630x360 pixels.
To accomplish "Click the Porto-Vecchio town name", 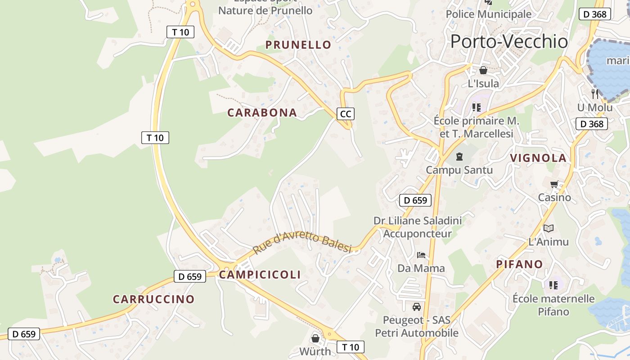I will (509, 41).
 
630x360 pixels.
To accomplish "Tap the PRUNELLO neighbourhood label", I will (298, 45).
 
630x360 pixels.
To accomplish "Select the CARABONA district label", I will (262, 113).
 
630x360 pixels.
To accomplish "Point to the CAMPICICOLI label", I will (260, 275).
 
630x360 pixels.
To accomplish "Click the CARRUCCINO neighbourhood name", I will (153, 299).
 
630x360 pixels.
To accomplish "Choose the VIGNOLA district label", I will (538, 158).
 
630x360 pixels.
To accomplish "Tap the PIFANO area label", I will (519, 264).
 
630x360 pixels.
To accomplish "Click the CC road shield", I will (345, 114).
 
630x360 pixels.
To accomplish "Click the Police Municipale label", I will (488, 14).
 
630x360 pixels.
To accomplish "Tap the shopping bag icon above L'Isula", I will (483, 70).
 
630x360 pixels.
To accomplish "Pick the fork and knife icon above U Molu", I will (595, 94).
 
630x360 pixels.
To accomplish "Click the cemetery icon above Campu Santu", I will (459, 157).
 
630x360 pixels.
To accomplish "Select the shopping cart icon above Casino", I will (554, 184).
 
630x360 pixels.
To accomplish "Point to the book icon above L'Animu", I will (548, 228).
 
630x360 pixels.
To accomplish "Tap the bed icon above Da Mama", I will (421, 255).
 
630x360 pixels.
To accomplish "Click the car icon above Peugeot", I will (417, 307).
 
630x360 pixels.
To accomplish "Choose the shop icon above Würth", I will (315, 338).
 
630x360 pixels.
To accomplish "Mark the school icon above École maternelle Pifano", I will (553, 285).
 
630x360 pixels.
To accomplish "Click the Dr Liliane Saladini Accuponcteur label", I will (418, 227).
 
